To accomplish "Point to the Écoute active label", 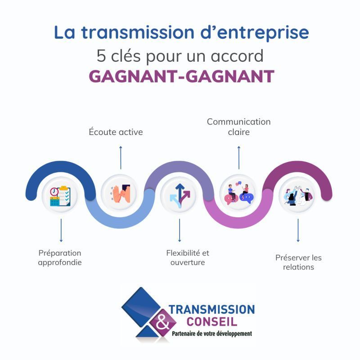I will coord(116,132).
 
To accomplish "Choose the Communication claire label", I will coord(238,127).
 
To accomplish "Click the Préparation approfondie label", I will coord(60,258).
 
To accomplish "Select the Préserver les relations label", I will coord(298,262).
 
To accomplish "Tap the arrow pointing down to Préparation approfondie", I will coord(61,231).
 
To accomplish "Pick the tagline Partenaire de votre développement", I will coord(212,333).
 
